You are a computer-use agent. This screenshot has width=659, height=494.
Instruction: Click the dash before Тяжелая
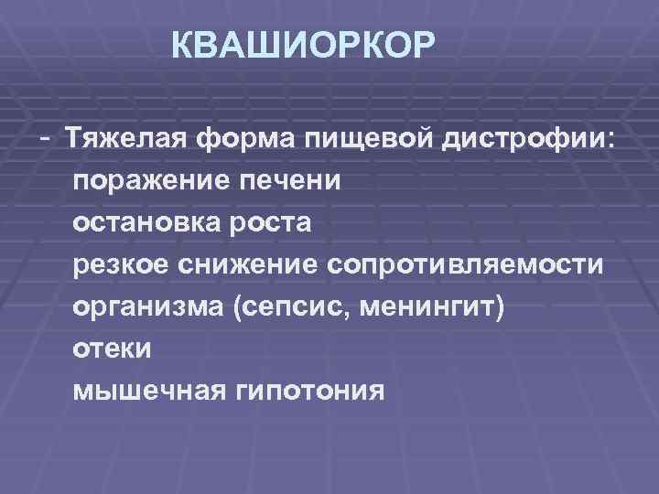point(45,135)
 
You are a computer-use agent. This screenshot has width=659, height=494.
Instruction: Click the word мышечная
point(148,392)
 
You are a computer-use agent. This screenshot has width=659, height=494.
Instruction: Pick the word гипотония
point(310,392)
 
